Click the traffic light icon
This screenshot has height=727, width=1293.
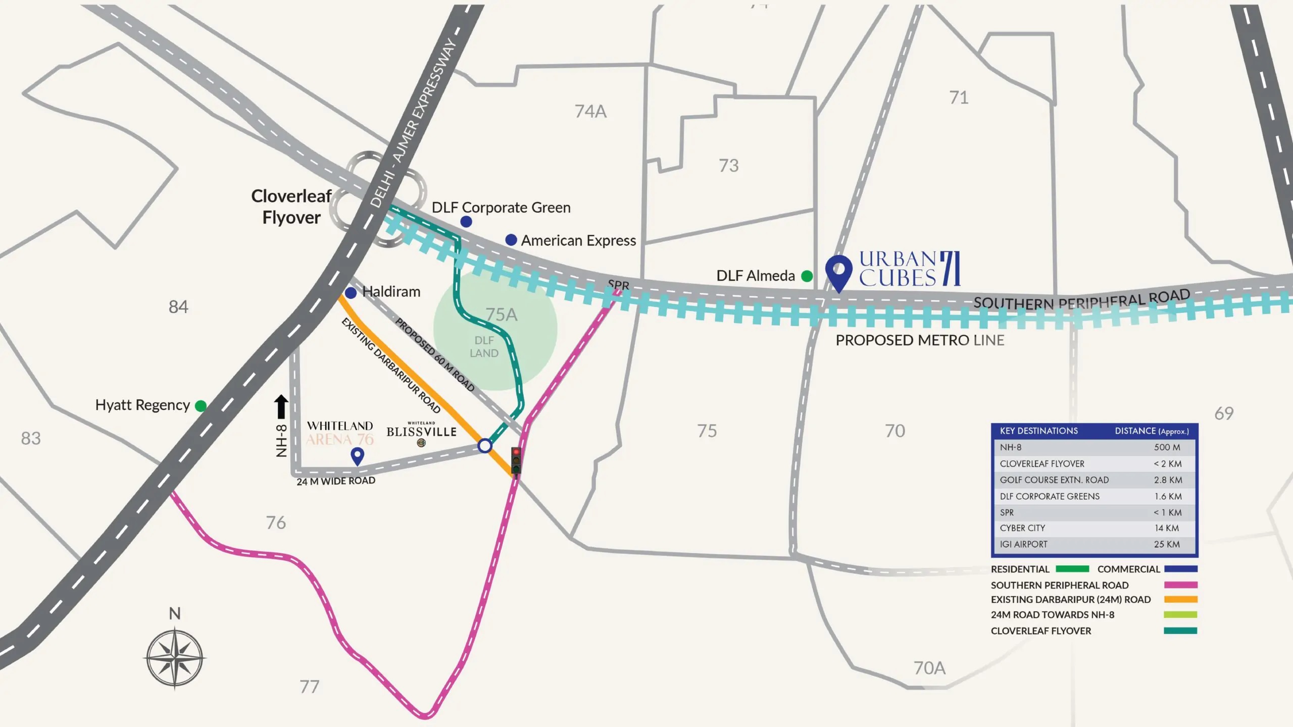click(x=516, y=461)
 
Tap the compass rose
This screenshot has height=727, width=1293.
click(x=175, y=658)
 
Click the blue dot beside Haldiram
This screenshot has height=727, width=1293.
click(x=351, y=293)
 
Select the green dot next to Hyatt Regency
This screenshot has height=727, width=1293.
click(x=201, y=405)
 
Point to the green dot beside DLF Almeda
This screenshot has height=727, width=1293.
click(x=807, y=276)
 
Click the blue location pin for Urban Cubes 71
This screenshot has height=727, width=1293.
click(x=838, y=272)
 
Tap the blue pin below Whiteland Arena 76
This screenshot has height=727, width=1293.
click(x=357, y=455)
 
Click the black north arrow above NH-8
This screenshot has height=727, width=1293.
click(x=281, y=406)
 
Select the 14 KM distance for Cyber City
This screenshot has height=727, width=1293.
click(x=1167, y=528)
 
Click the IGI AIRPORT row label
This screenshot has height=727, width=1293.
click(x=1024, y=544)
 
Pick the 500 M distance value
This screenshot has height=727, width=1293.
click(x=1167, y=447)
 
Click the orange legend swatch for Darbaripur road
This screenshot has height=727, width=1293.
click(x=1180, y=600)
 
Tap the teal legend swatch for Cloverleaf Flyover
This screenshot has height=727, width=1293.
click(x=1180, y=631)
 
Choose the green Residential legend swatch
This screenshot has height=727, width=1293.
click(x=1072, y=569)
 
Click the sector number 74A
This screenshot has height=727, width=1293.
click(x=590, y=111)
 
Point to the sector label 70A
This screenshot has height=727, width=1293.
click(x=929, y=668)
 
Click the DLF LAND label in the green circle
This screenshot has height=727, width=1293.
click(x=484, y=347)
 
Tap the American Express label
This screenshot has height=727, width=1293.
click(x=578, y=241)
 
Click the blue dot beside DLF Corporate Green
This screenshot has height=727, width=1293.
click(x=466, y=222)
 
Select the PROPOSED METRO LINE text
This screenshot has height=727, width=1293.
click(x=920, y=340)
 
